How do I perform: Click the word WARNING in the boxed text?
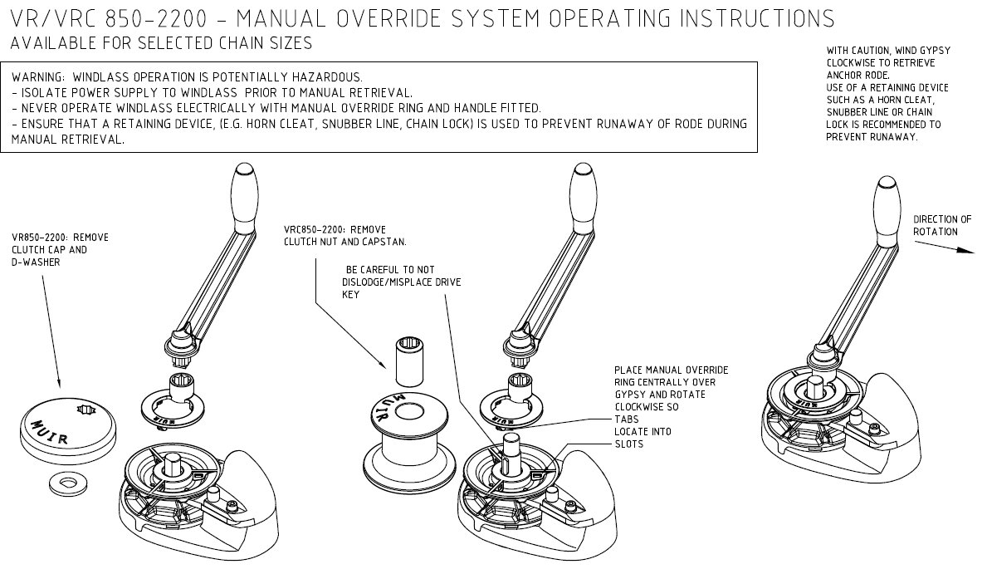(40, 77)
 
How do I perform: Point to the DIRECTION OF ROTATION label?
(941, 225)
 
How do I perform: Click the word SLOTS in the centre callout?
(628, 444)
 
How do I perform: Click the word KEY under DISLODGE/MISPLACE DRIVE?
(351, 295)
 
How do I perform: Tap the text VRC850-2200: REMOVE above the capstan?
(335, 230)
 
